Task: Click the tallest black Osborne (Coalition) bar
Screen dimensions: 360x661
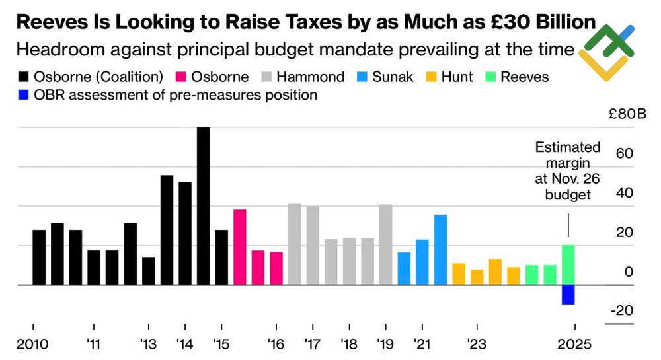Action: coord(204,206)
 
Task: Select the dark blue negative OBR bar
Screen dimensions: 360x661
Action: coord(568,295)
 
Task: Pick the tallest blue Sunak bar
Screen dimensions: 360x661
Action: coord(440,250)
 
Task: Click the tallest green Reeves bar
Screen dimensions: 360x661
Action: coord(568,265)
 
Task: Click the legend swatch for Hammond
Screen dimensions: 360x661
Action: coord(270,77)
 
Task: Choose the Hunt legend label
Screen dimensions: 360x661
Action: coord(457,77)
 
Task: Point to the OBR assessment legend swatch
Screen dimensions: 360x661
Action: coord(22,95)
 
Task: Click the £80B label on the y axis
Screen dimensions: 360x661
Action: coord(628,114)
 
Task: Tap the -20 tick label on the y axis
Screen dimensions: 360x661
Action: coord(621,310)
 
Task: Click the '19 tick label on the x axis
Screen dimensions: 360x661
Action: coord(385,344)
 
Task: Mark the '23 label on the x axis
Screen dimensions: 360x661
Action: coord(477,344)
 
